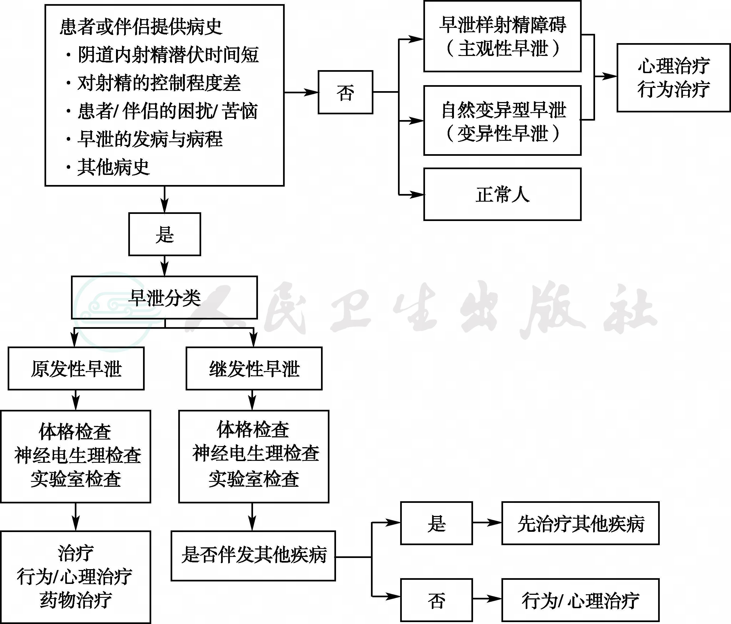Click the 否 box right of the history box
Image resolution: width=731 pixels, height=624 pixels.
345,92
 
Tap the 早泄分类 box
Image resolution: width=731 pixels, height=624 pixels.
164,298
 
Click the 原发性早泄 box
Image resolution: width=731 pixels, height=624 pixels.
76,369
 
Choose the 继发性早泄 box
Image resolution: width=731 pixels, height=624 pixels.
254,369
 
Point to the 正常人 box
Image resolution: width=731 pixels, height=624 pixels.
502,194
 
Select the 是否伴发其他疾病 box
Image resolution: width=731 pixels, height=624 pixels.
253,556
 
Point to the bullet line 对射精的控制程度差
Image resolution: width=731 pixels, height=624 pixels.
159,83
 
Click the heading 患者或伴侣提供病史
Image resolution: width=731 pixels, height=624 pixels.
141,27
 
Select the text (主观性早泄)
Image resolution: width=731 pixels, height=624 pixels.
502,49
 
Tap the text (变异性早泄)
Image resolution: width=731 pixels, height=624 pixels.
502,134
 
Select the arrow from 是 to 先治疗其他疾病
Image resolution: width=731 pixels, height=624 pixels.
487,523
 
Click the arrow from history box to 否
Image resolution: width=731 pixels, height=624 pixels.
302,92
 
